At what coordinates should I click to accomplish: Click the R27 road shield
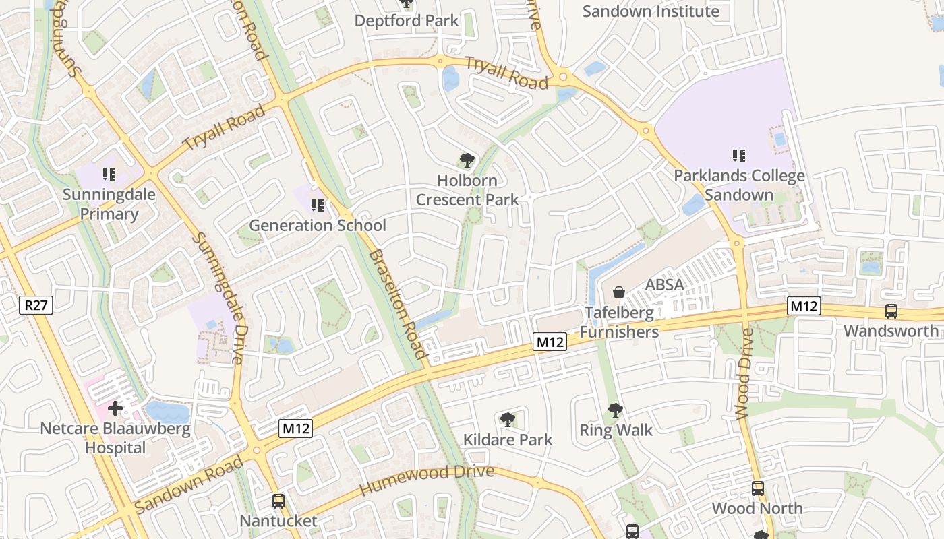click(x=36, y=305)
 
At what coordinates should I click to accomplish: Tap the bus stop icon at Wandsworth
click(x=891, y=311)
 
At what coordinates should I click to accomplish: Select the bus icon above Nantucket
click(x=278, y=501)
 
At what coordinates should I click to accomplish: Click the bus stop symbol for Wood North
click(x=757, y=488)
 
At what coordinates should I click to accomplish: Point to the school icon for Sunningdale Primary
click(x=109, y=175)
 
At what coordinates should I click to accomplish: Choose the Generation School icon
click(x=317, y=205)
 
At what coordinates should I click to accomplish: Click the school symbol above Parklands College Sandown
click(x=739, y=156)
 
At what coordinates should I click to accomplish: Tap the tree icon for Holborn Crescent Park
click(x=467, y=160)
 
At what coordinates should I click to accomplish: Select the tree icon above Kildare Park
click(x=508, y=420)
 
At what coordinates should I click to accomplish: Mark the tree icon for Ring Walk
click(x=615, y=410)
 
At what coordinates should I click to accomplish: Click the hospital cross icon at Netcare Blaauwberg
click(x=115, y=408)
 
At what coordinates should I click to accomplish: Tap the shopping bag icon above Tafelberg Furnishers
click(x=618, y=292)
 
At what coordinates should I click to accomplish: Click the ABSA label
click(x=664, y=284)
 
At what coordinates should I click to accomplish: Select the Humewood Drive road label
click(x=427, y=480)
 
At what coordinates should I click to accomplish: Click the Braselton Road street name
click(x=399, y=303)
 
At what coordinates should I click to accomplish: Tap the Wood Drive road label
click(x=744, y=375)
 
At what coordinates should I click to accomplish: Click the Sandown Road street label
click(x=189, y=484)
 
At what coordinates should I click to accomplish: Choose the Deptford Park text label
click(x=407, y=21)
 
